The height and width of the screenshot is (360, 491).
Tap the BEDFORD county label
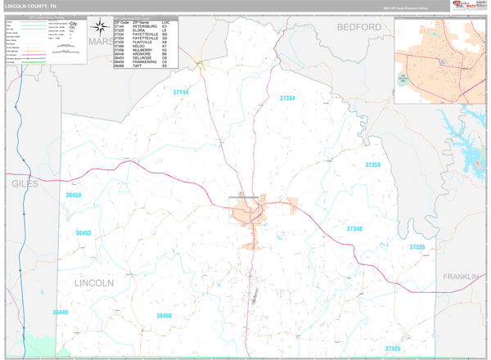[x=358, y=27]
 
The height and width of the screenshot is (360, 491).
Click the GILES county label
[x=25, y=184]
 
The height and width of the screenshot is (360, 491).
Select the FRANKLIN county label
[x=461, y=277]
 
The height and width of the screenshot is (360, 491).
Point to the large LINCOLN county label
[x=93, y=283]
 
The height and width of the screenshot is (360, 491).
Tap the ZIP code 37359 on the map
[x=372, y=164]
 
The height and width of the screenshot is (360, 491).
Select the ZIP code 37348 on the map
[x=354, y=229]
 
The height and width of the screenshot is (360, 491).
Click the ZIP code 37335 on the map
[x=417, y=246]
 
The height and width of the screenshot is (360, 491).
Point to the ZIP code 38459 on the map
[x=74, y=196]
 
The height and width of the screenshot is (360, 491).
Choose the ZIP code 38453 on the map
[x=83, y=233]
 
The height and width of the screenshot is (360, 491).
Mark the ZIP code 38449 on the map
[x=61, y=312]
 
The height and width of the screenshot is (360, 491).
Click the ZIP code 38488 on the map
[x=164, y=315]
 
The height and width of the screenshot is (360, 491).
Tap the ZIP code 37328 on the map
[x=393, y=349]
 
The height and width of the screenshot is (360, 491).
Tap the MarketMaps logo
[x=463, y=6]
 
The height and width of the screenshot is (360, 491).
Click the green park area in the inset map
[x=403, y=80]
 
